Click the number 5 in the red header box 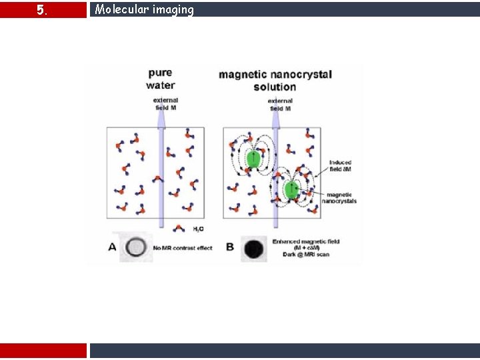click(41, 10)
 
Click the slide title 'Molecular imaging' click(144, 9)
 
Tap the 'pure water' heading click(161, 79)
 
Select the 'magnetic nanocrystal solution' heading click(275, 80)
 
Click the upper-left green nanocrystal click(253, 159)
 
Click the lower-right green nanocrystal click(291, 190)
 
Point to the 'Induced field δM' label click(340, 166)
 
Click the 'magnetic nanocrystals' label click(339, 197)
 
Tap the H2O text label click(199, 229)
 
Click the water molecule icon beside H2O click(179, 228)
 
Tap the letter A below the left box click(111, 247)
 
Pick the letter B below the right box click(229, 247)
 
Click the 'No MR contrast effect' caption click(182, 248)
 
